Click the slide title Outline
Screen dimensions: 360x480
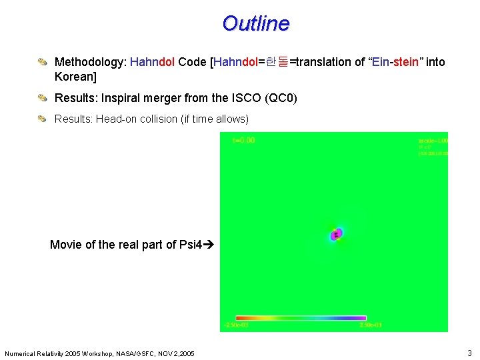(x=256, y=24)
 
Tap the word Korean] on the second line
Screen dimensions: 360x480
(x=75, y=77)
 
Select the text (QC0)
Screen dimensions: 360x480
(x=281, y=99)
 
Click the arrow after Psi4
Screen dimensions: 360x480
(x=208, y=245)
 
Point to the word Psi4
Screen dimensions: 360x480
(x=190, y=245)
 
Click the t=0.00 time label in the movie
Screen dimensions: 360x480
(x=243, y=140)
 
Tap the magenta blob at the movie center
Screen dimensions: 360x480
(x=338, y=233)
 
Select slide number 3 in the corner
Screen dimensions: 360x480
(x=469, y=352)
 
